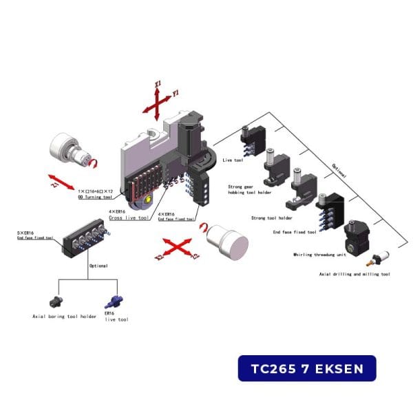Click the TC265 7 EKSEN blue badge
[307, 368]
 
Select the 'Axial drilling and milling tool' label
[354, 274]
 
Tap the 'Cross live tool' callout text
[129, 217]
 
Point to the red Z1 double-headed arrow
[62, 182]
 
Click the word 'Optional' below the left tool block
[98, 265]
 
